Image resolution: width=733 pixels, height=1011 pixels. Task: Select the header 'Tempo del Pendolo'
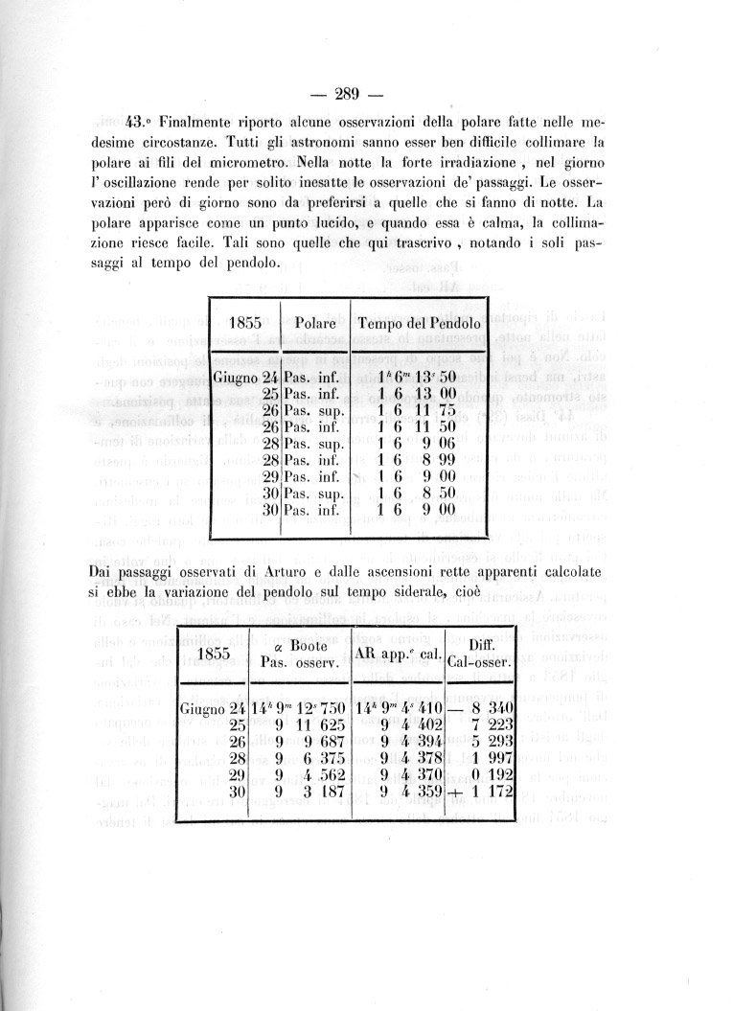(x=419, y=324)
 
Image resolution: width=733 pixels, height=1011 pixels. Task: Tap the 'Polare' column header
(x=314, y=324)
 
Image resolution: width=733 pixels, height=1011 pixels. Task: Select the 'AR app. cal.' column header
(x=397, y=655)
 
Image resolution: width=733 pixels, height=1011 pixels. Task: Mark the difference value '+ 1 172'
(x=479, y=794)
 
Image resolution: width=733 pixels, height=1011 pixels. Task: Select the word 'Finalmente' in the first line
(x=199, y=123)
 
